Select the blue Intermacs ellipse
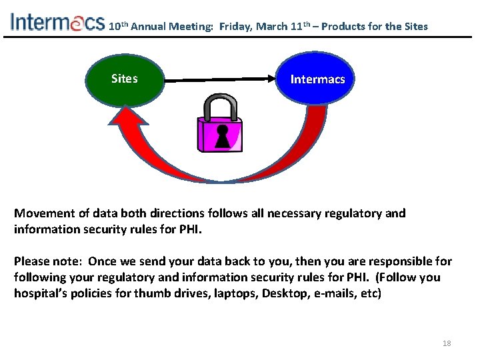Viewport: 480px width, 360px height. [x=317, y=80]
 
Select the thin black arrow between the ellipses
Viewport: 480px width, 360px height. [x=221, y=81]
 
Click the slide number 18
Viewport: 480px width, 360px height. [x=447, y=343]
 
